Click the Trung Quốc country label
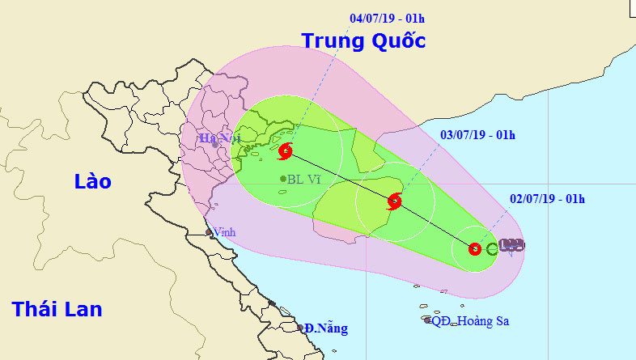point(363,40)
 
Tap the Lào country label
point(92,181)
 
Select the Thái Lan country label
point(57,308)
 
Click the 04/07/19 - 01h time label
point(386,17)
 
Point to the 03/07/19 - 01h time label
point(477,134)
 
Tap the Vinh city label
point(224,231)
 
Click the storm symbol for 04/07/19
point(286,151)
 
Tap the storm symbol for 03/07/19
point(395,201)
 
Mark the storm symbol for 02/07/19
point(476,249)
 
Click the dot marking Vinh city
point(209,232)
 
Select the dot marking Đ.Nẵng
point(300,328)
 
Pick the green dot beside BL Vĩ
point(282,179)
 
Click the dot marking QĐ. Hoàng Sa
point(427,320)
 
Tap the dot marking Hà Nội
point(215,146)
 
